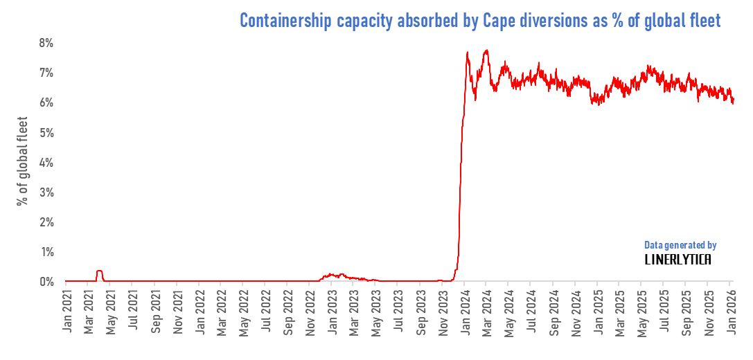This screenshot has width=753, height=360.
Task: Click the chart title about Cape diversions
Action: point(480,21)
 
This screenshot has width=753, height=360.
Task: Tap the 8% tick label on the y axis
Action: point(46,43)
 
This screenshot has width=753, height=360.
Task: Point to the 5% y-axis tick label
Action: point(46,132)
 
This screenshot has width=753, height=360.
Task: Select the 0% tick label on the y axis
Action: point(46,282)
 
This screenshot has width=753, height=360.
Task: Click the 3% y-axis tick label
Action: point(46,192)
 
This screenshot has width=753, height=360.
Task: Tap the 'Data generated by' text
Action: point(680,245)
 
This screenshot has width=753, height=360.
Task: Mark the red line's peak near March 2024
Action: point(486,50)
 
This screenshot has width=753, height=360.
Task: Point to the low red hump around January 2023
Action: point(333,275)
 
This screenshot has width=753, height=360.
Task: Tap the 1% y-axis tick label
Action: point(46,252)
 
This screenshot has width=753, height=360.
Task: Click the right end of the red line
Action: point(733,102)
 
